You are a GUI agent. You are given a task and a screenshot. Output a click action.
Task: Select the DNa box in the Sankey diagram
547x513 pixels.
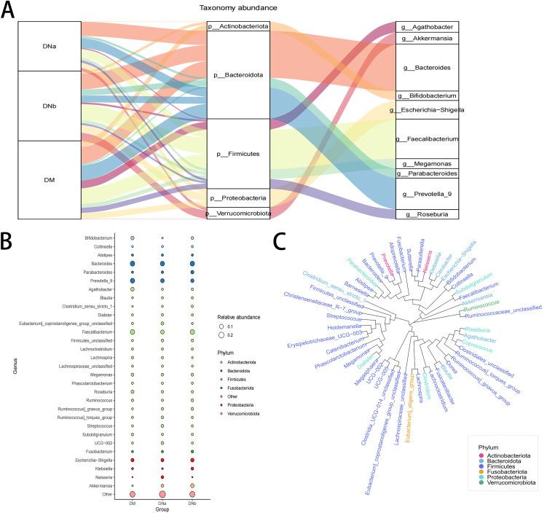[49, 45]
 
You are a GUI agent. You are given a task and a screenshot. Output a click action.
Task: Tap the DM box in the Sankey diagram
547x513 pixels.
[49, 179]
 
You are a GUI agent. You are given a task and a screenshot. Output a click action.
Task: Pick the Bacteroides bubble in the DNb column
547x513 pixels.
[192, 263]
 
